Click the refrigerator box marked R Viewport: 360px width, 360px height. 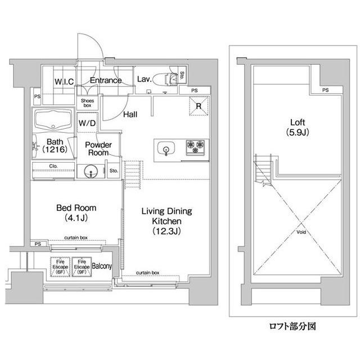pos(199,106)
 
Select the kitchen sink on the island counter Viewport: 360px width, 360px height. pos(167,148)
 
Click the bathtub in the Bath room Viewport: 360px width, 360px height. pos(52,120)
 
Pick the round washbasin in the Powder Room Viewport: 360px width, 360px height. pos(91,172)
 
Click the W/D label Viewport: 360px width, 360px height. pos(87,122)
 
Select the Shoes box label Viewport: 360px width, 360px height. pos(87,102)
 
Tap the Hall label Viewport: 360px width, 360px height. pos(131,114)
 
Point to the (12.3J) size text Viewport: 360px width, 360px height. pos(166,231)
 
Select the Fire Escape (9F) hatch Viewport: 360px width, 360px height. pos(81,266)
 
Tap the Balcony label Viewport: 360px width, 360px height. pos(102,265)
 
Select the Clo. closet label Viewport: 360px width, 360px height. pos(53,166)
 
